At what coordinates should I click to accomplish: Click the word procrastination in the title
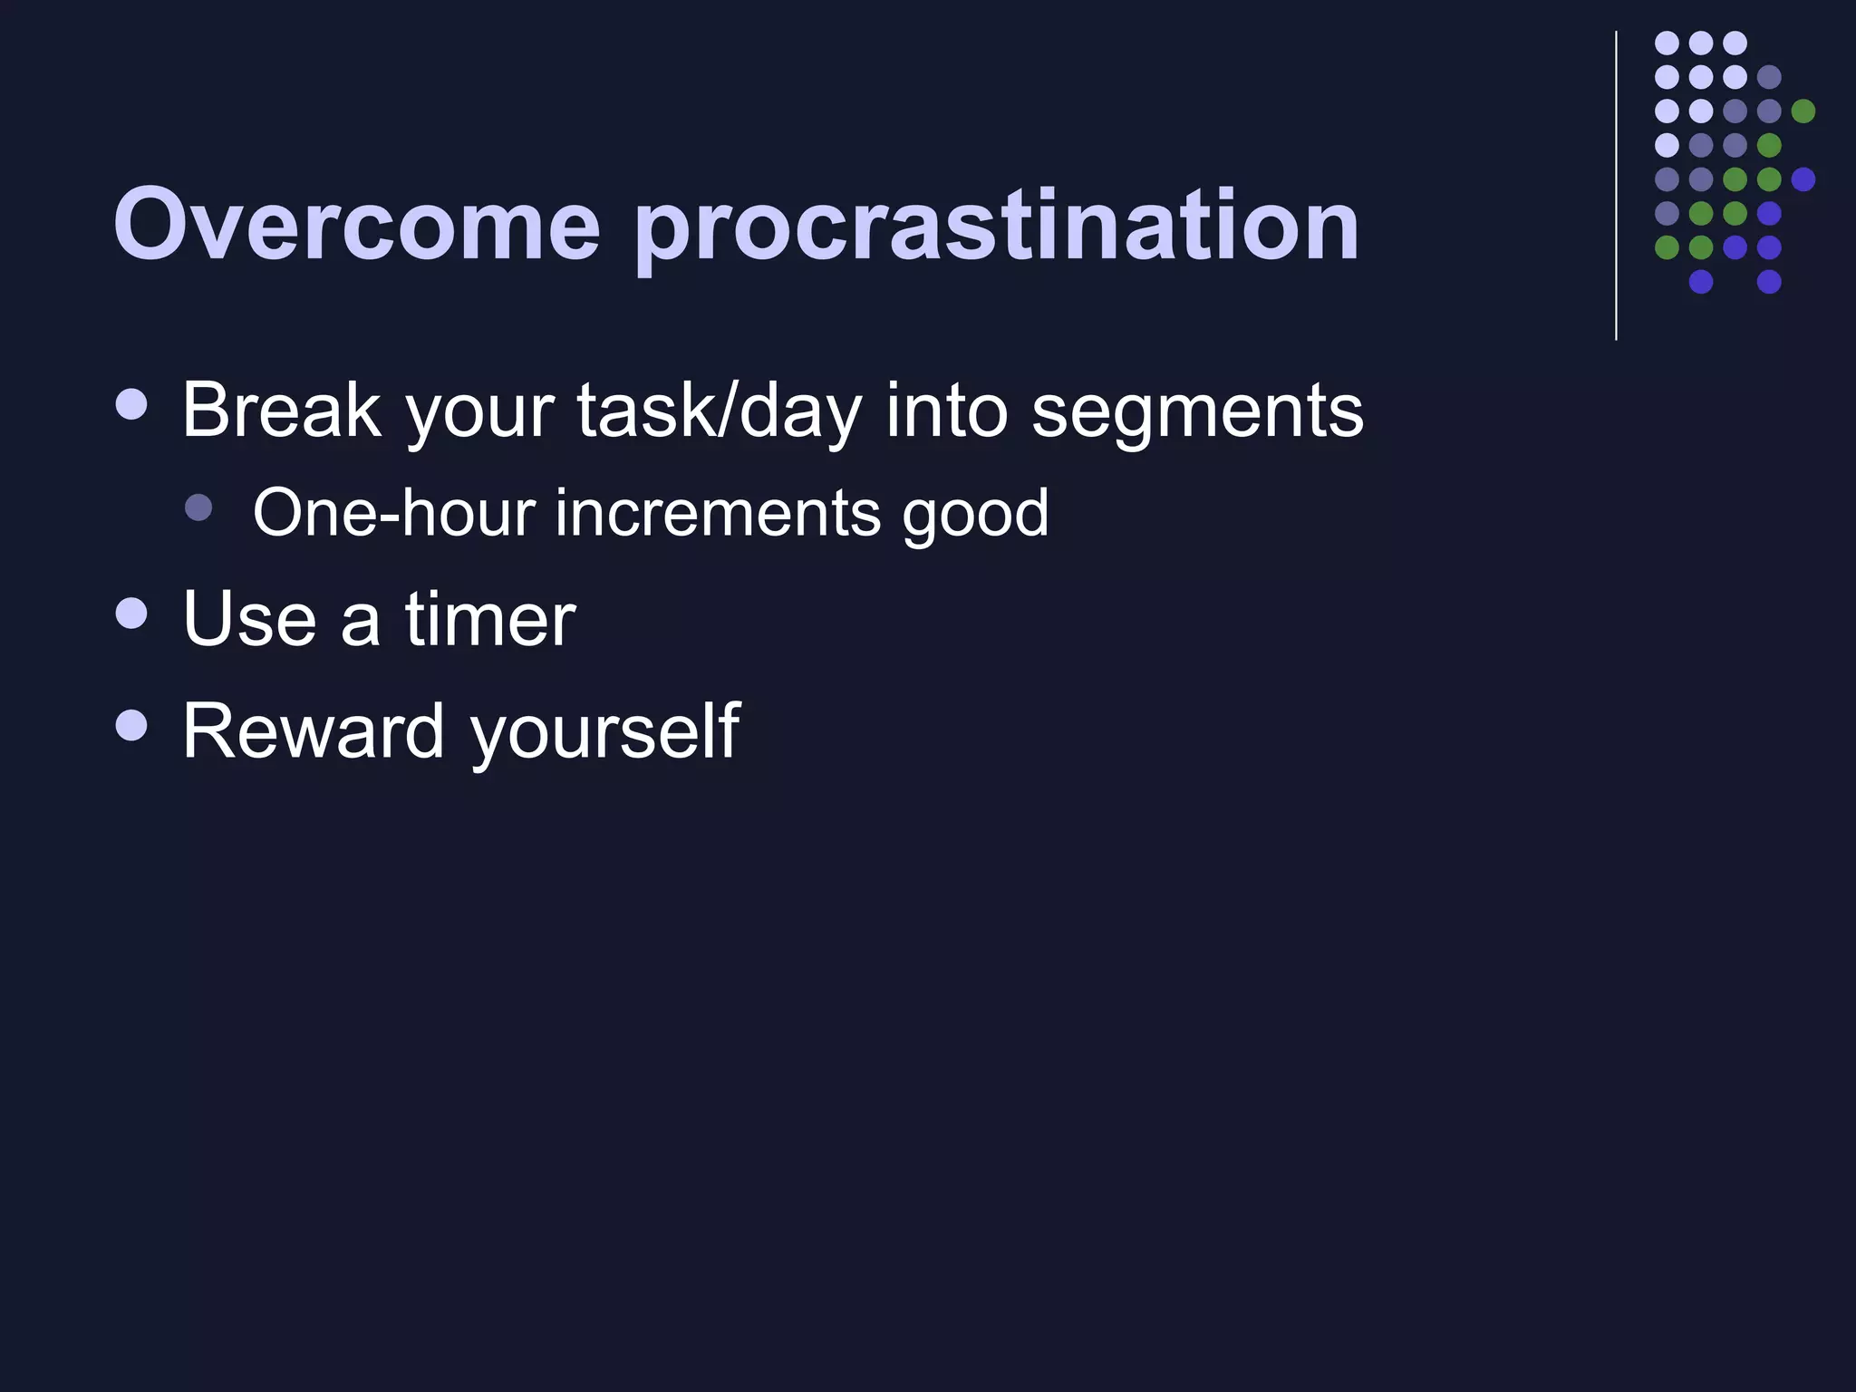coord(997,227)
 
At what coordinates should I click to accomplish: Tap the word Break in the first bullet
coord(281,411)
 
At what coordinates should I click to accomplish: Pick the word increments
coord(717,513)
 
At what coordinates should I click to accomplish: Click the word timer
coord(490,619)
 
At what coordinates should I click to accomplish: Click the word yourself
coord(605,732)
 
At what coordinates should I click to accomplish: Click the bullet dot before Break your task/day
coord(132,404)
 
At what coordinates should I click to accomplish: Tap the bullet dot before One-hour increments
coord(198,507)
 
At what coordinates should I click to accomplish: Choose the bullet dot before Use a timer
coord(132,613)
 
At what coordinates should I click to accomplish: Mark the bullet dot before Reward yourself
coord(132,724)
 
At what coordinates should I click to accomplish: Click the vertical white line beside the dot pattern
coord(1616,186)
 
